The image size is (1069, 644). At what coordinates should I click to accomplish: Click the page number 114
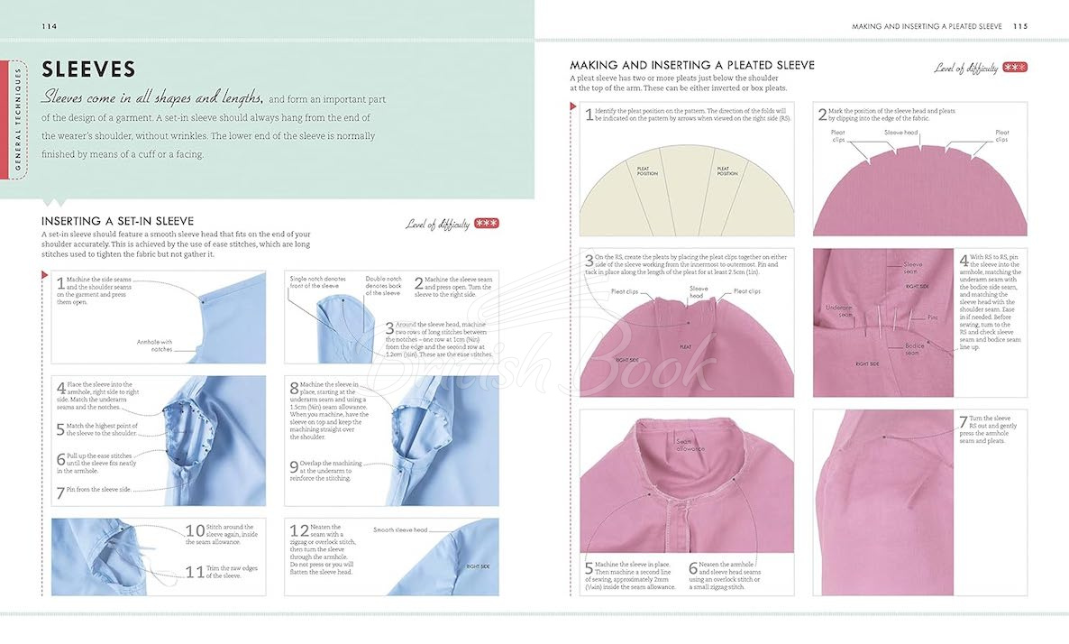pyautogui.click(x=49, y=26)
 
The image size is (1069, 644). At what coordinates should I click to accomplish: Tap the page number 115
pyautogui.click(x=1019, y=26)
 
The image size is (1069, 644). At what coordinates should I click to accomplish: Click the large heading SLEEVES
pyautogui.click(x=88, y=69)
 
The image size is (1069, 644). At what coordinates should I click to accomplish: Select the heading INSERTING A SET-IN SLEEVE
pyautogui.click(x=118, y=221)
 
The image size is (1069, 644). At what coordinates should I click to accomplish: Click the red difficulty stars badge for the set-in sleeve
pyautogui.click(x=486, y=224)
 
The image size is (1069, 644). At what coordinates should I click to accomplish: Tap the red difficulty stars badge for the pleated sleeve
pyautogui.click(x=1015, y=67)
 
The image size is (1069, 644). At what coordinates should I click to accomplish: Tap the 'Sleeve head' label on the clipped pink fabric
pyautogui.click(x=900, y=133)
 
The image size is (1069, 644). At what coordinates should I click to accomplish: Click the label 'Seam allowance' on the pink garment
pyautogui.click(x=692, y=443)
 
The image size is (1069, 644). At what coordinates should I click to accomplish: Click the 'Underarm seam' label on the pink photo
pyautogui.click(x=840, y=311)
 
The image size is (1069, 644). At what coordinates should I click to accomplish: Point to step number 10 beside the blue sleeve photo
pyautogui.click(x=195, y=530)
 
